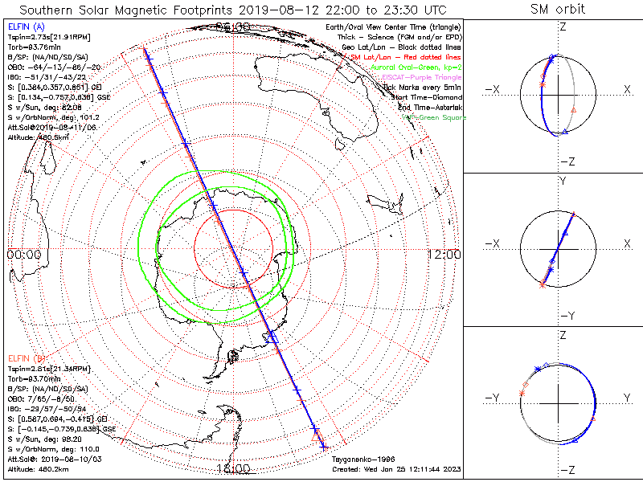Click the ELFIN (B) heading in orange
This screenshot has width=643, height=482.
click(27, 357)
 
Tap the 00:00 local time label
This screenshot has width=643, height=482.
click(23, 255)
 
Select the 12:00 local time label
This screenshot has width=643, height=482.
click(444, 255)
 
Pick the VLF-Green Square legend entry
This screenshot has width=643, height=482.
click(433, 117)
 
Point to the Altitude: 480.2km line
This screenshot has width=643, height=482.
click(39, 468)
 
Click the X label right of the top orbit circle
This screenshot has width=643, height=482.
click(627, 89)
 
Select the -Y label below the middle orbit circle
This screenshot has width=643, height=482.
click(562, 317)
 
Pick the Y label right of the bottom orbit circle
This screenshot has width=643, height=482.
click(627, 398)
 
